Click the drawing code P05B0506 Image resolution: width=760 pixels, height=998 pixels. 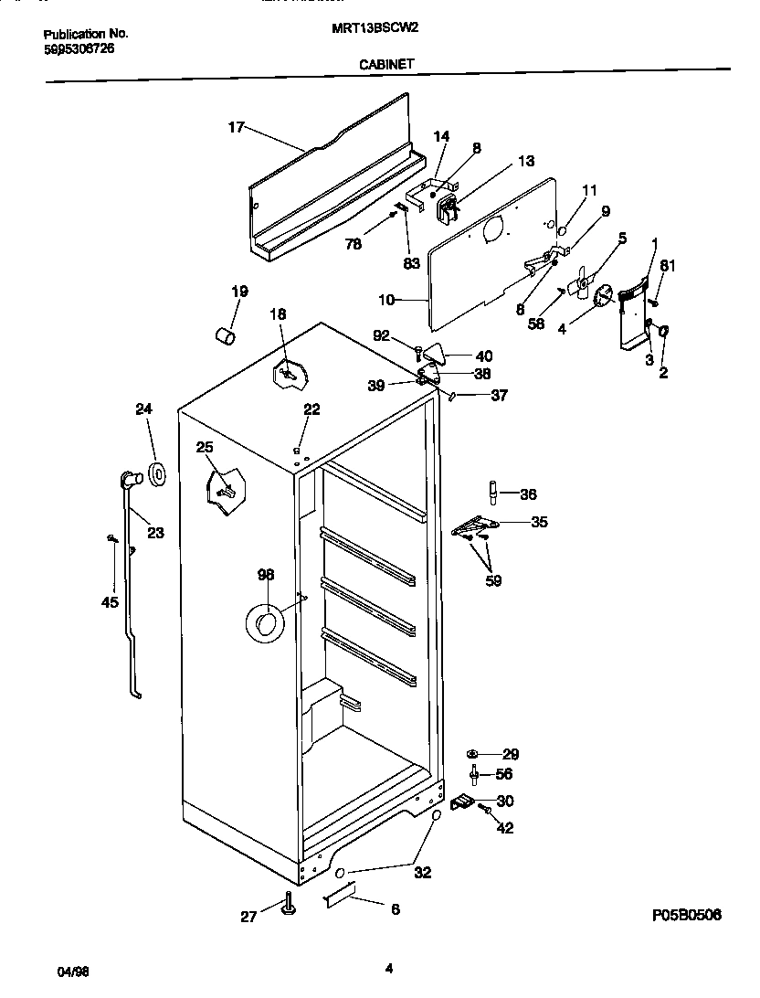[x=688, y=915]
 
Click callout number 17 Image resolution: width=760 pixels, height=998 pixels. [x=236, y=127]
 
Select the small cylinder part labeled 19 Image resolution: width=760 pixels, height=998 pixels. [x=225, y=336]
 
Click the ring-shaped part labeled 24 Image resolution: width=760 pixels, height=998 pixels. [x=156, y=474]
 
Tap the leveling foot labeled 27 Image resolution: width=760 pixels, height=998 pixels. [x=290, y=905]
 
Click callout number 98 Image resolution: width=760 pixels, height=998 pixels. [x=266, y=575]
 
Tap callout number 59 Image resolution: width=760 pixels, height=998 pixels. [x=492, y=579]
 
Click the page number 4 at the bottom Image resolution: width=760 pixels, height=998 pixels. [x=389, y=969]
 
